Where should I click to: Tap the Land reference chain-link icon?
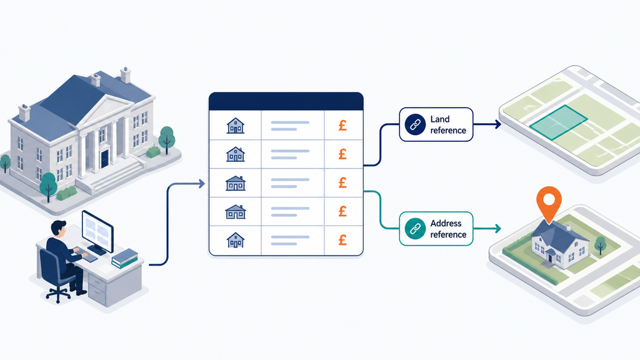coord(415,124)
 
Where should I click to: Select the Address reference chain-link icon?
coord(415,229)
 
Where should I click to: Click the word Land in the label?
coord(439,119)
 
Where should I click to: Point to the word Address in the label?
coord(446,223)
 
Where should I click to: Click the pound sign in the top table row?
coord(343,125)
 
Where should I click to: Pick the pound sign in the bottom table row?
coord(343,239)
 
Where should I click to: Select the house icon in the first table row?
coord(236,126)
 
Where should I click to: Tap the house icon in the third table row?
coord(236,183)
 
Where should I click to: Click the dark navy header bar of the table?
coord(286,101)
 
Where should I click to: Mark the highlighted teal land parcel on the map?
coord(558,122)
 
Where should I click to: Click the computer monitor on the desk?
coord(97,231)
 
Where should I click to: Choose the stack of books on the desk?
coord(124,258)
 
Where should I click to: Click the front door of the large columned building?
coord(104,158)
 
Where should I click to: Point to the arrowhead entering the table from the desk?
coord(202,184)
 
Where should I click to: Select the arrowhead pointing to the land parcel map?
coord(498,124)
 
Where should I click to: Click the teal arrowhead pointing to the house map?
coord(498,229)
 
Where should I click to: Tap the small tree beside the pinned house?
coord(600,245)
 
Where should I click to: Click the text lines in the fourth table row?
coord(290,212)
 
